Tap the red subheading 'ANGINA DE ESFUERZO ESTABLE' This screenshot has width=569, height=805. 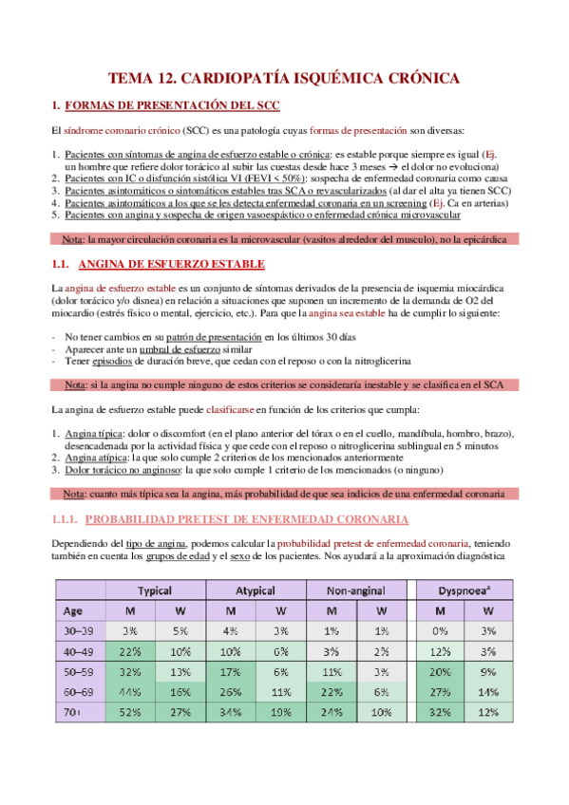pyautogui.click(x=170, y=263)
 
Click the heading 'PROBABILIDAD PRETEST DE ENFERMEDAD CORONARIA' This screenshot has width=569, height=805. pyautogui.click(x=247, y=519)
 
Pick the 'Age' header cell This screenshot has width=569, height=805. pyautogui.click(x=71, y=610)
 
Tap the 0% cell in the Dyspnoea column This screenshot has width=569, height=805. pyautogui.click(x=439, y=630)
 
